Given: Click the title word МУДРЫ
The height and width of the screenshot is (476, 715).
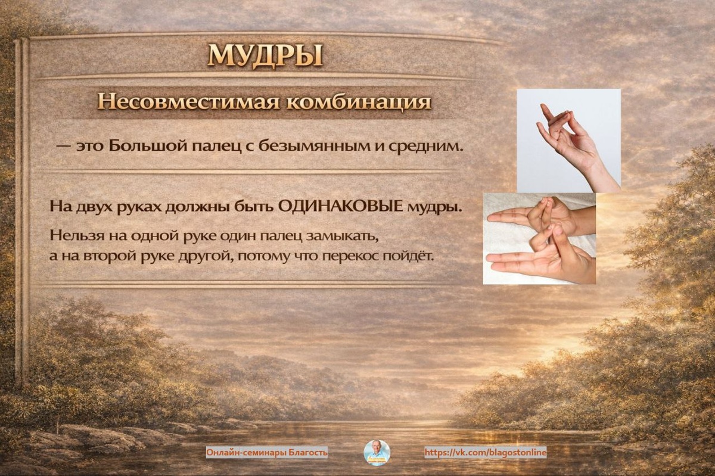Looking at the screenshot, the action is (x=265, y=57).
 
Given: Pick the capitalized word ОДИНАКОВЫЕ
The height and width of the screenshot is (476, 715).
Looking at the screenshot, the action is (x=341, y=207).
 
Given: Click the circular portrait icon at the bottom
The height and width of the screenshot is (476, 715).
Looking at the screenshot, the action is (x=377, y=452).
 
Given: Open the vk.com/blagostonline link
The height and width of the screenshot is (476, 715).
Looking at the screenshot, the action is (x=485, y=452).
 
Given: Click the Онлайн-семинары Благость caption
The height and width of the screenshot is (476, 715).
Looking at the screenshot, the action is (x=267, y=452).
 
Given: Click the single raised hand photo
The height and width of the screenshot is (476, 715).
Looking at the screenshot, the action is (x=568, y=141).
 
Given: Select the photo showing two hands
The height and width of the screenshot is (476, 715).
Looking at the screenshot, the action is (x=539, y=238).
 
